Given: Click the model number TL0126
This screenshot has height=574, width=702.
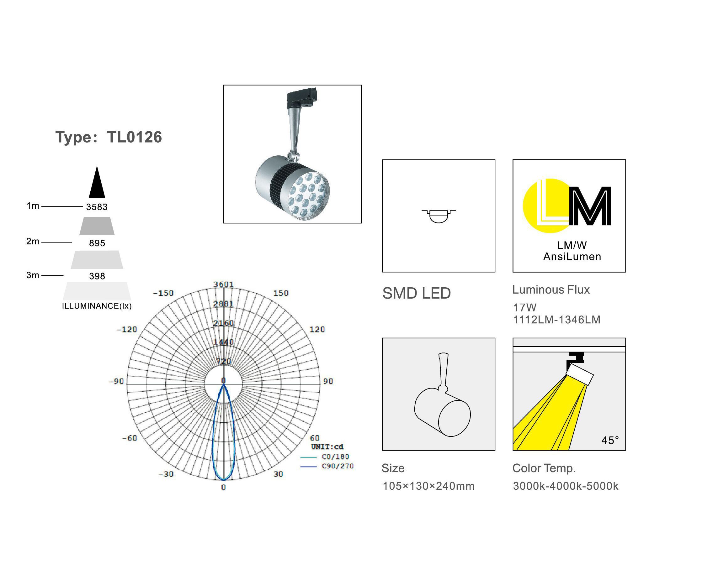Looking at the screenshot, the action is point(135,137).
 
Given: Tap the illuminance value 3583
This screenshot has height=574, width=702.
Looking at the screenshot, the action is point(97,207).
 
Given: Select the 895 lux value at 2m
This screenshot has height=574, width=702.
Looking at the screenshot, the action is point(97,243).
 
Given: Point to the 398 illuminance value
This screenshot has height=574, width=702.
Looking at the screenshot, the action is point(97,276).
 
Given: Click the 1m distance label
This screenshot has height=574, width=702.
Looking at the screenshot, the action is point(33,206).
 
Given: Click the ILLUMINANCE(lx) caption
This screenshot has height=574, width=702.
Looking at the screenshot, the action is point(97,306).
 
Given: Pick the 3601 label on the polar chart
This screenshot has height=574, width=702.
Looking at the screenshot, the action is point(223,284).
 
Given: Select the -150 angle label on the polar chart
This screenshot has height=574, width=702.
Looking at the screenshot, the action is point(163,293).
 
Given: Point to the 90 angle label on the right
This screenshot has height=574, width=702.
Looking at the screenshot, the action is point(328,381).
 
